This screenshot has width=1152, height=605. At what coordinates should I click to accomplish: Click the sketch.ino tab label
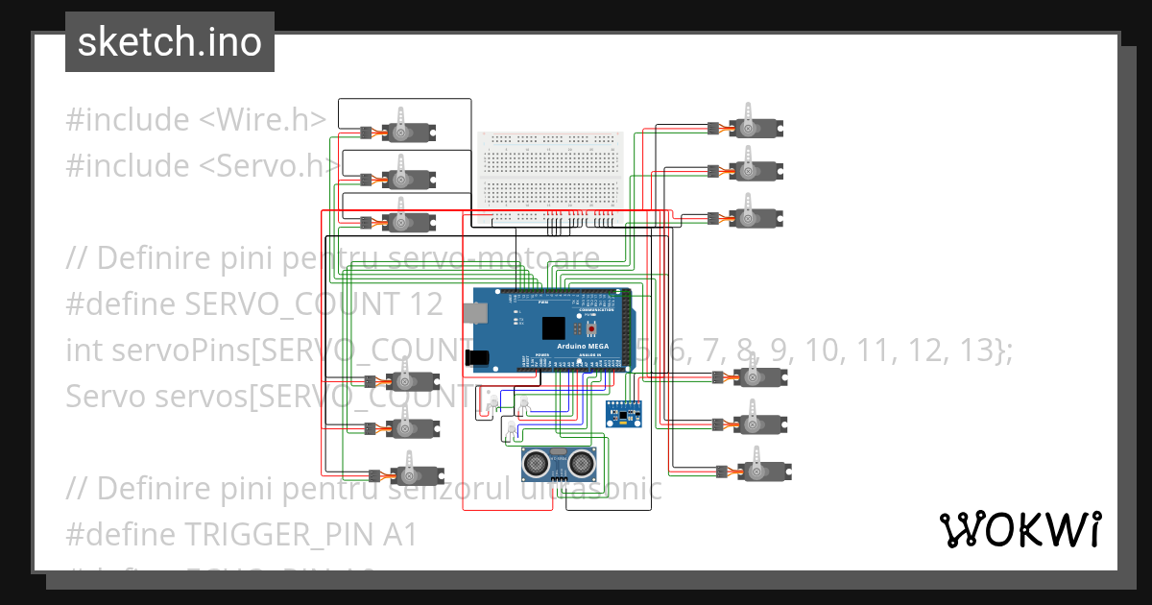pos(169,42)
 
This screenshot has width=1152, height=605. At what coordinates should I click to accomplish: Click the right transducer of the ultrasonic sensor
pos(581,465)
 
